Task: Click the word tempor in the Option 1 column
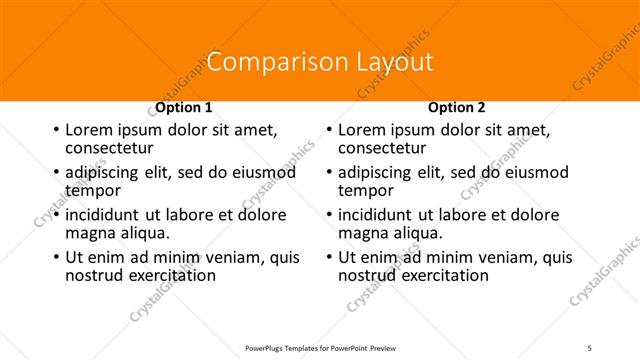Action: (x=92, y=190)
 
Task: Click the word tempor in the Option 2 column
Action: (x=366, y=190)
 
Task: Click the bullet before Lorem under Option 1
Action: (x=55, y=131)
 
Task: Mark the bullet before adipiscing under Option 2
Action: (x=329, y=173)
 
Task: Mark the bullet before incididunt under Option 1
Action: (x=55, y=215)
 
